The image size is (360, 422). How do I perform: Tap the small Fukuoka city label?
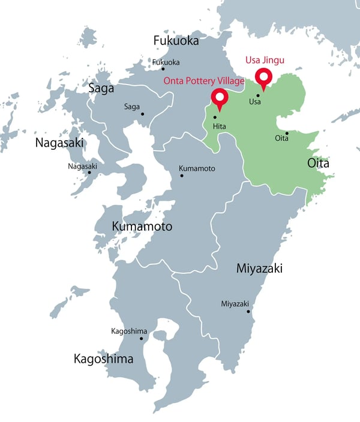[166, 62]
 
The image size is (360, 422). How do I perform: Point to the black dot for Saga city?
[143, 114]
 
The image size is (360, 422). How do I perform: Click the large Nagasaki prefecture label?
[59, 143]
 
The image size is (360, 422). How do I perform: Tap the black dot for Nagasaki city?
[89, 173]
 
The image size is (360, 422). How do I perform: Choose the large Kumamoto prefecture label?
[142, 227]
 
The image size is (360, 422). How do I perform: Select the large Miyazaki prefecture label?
[259, 269]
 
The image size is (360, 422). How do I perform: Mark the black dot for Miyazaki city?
[248, 311]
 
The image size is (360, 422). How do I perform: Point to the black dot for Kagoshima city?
[142, 339]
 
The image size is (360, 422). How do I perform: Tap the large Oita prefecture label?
[319, 162]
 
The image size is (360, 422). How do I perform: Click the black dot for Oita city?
[287, 133]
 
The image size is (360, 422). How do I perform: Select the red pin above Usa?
[262, 77]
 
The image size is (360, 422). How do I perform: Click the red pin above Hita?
[220, 98]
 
